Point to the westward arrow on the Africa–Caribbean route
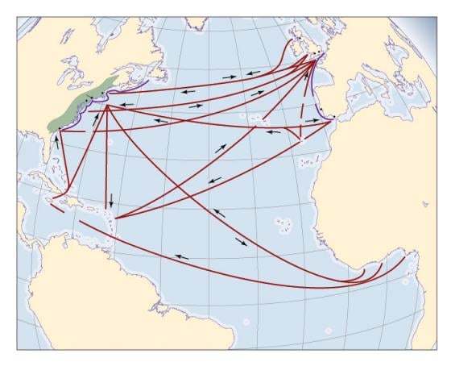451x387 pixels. pos(182,257)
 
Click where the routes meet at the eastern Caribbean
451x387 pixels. pos(117,218)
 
